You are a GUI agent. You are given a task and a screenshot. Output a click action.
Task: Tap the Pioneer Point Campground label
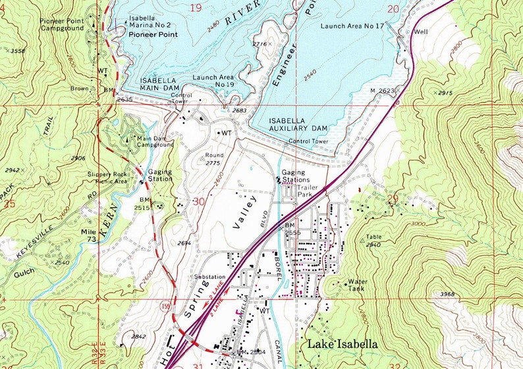pos(64,24)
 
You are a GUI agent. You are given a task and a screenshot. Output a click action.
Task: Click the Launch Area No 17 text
pos(352,26)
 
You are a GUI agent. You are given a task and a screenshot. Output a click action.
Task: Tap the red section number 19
pos(196,8)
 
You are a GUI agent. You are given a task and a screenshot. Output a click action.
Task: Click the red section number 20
pos(393,9)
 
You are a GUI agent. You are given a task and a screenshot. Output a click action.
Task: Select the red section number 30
pos(197,202)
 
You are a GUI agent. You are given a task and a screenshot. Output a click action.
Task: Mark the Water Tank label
pos(357,285)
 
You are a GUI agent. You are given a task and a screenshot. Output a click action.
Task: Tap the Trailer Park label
pos(307,191)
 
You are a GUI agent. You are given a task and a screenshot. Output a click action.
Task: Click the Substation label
pos(210,277)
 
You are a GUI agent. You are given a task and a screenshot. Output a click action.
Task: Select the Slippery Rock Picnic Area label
pos(107,178)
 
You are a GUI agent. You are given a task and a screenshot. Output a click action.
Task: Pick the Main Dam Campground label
pos(155,141)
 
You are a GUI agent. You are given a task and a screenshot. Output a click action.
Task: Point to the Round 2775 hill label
pos(214,159)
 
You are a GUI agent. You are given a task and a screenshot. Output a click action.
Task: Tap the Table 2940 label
pos(373,240)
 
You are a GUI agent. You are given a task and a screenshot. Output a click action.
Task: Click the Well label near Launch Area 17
pos(421,32)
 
